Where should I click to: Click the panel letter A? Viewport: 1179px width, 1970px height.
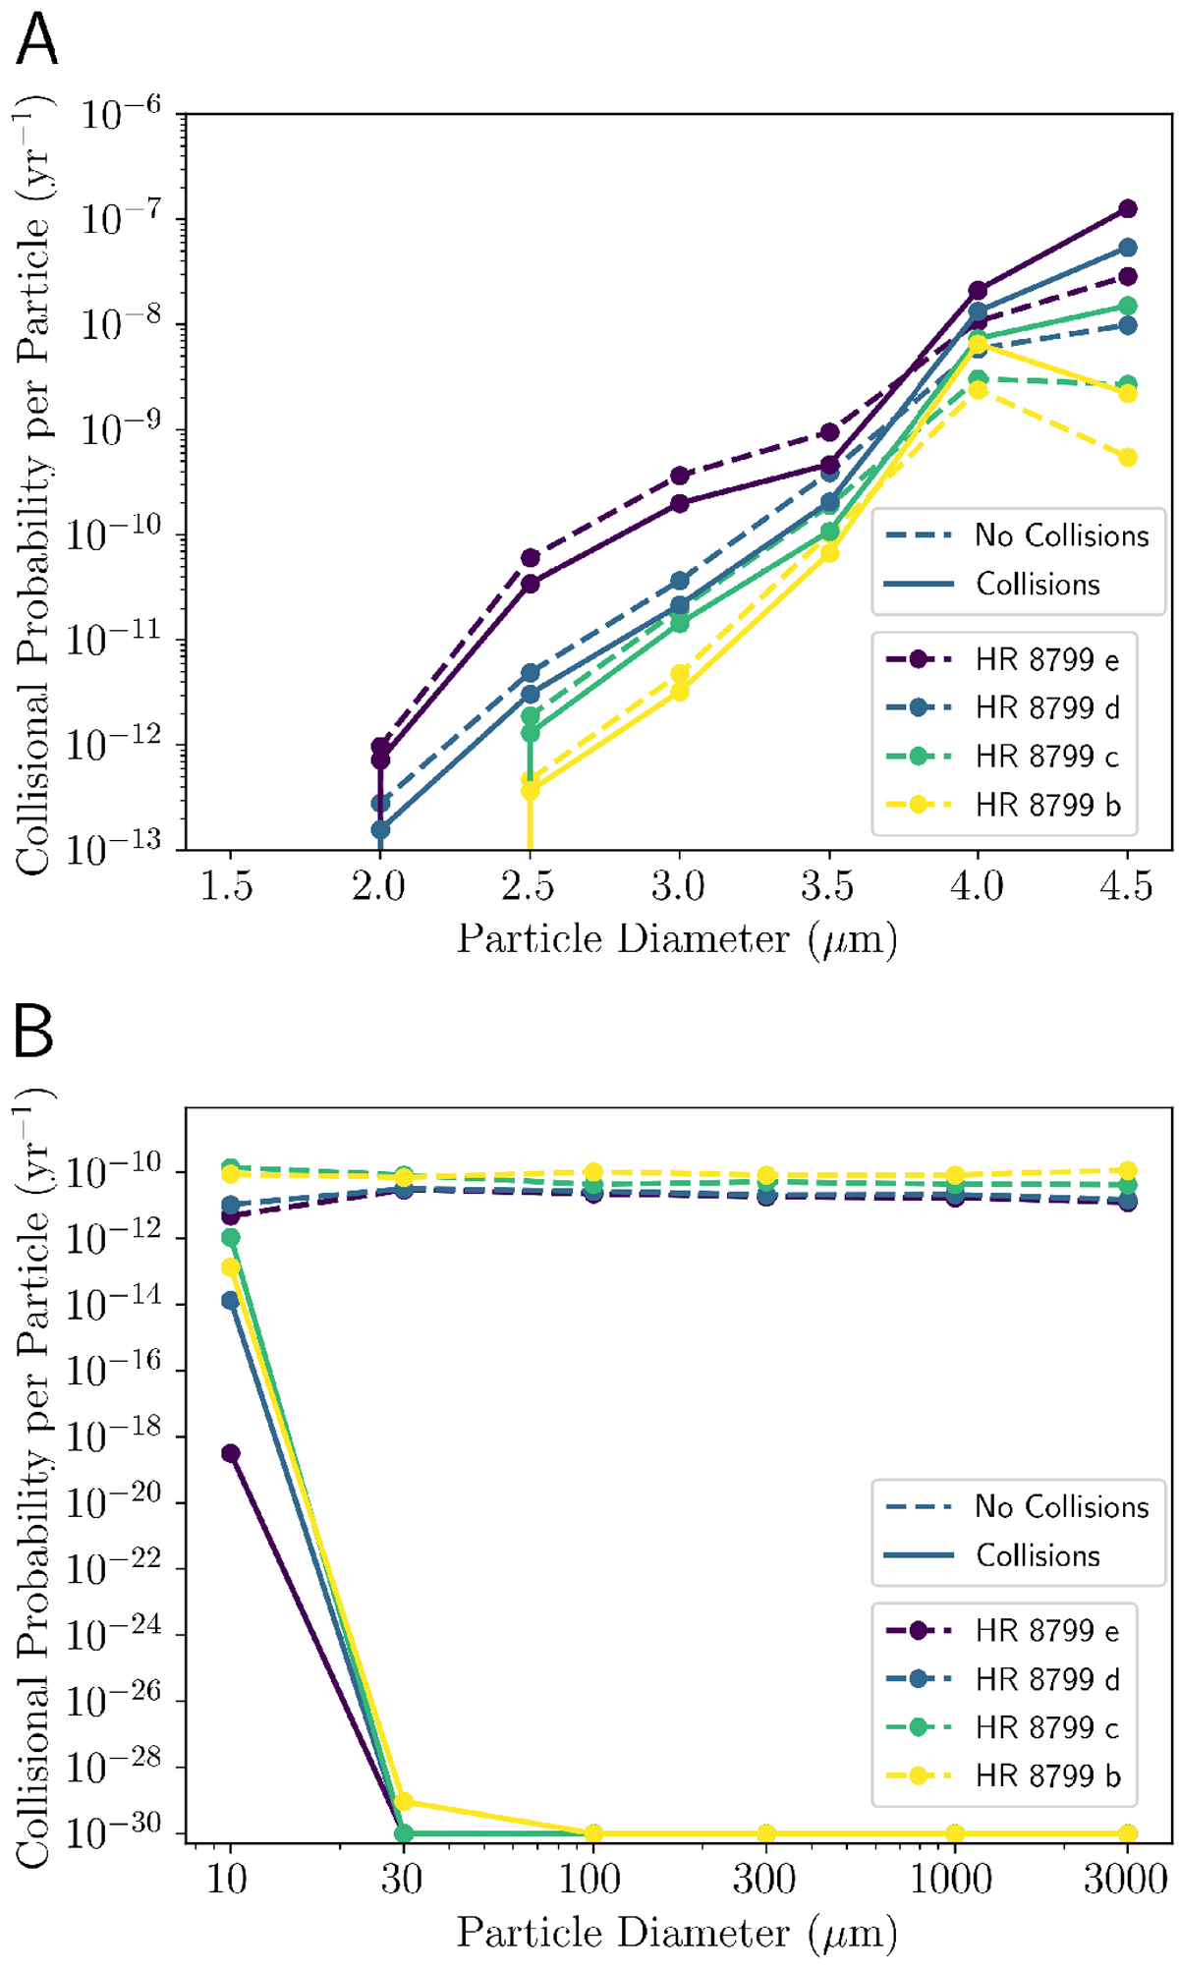37,41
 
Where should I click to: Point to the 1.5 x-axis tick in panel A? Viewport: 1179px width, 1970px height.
227,887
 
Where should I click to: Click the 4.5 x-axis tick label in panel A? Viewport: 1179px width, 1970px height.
1126,887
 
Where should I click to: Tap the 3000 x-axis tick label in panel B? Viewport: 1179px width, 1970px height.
1126,1881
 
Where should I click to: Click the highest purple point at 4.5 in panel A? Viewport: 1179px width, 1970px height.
1128,208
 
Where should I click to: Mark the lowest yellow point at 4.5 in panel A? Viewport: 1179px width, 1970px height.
1128,457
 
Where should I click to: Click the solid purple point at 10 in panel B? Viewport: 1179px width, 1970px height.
230,1453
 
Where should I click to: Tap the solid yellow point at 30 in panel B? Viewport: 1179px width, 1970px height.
402,1802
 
